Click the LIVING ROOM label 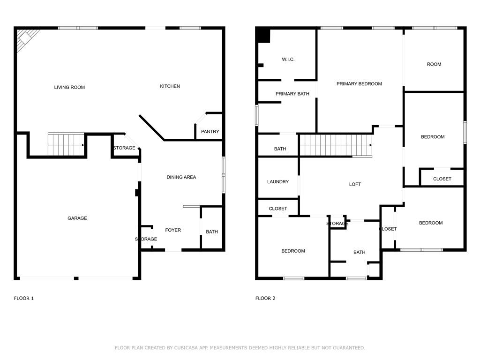[69, 87]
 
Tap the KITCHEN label [170, 86]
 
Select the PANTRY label [210, 132]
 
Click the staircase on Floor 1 [66, 144]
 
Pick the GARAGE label [77, 218]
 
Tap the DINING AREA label [181, 177]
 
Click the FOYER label [173, 230]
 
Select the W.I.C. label [288, 60]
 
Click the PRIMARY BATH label [292, 94]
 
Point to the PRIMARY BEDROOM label [359, 84]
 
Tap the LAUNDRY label [278, 182]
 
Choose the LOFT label [355, 184]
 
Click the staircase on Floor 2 [336, 145]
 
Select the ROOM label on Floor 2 [434, 64]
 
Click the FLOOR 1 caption [24, 299]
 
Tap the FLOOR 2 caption [265, 299]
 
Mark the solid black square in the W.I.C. [263, 36]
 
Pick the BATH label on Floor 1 [212, 232]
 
